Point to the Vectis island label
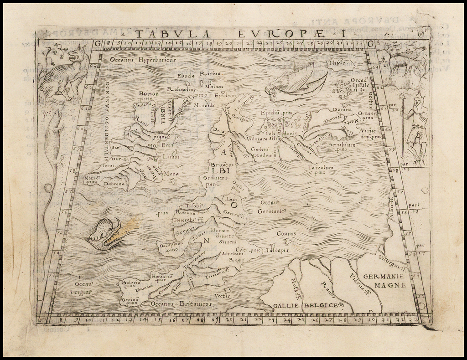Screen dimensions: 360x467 (222, 295)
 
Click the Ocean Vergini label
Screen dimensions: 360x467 (84, 288)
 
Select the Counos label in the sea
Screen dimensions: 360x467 (286, 234)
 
